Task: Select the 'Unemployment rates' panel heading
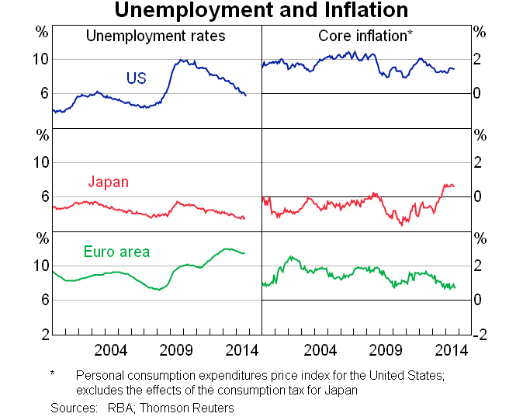tap(155, 36)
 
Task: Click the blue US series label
tap(137, 78)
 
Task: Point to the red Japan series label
tap(108, 182)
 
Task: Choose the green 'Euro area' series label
tap(116, 252)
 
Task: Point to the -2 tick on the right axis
tap(480, 335)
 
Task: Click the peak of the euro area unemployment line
tap(227, 248)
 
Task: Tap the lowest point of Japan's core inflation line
tap(402, 225)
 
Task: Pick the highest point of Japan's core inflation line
tap(445, 184)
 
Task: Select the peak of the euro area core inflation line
tap(292, 256)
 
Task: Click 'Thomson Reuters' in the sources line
tap(192, 407)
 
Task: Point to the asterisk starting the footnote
tap(52, 374)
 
